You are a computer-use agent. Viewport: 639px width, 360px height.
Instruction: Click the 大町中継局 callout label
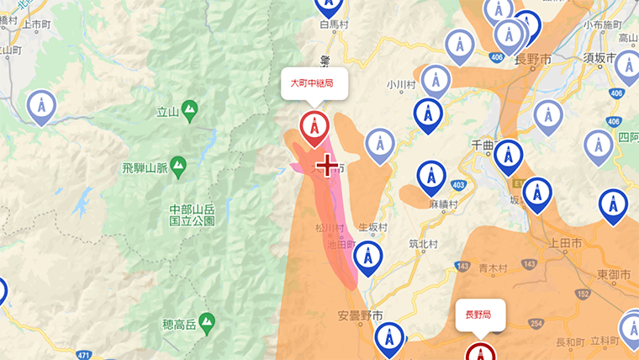coord(312,83)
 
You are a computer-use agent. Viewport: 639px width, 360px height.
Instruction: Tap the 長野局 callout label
coord(479,315)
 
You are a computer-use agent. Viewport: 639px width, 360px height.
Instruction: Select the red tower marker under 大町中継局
coord(314,127)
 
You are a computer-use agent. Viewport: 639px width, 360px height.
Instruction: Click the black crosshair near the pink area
coord(327,165)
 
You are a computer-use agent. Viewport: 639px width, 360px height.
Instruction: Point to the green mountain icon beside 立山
coord(190,109)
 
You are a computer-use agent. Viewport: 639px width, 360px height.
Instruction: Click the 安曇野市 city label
coord(361,315)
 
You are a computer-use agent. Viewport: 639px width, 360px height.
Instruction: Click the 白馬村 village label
coord(334,26)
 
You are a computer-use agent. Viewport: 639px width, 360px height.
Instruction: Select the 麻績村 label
coord(442,204)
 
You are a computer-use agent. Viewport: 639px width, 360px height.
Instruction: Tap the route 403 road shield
coord(458,184)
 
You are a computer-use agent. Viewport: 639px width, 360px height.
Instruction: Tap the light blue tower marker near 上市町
coord(40,107)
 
